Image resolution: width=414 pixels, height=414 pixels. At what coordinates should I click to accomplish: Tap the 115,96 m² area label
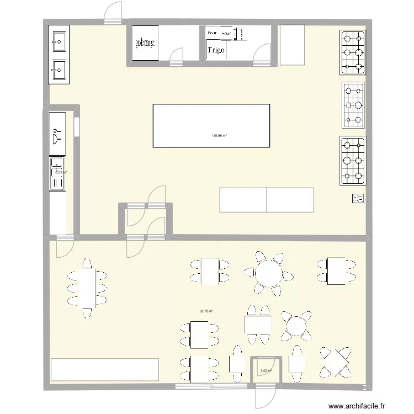(219, 136)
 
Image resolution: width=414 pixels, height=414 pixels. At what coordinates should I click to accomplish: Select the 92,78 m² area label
(206, 311)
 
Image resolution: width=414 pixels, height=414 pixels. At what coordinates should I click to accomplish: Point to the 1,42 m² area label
(267, 370)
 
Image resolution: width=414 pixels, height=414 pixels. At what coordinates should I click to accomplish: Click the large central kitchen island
(211, 125)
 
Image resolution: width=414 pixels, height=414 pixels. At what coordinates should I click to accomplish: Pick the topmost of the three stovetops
(353, 52)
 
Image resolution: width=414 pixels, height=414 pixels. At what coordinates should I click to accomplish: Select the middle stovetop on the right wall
(353, 105)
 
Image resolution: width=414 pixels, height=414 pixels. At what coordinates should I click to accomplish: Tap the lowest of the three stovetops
(353, 161)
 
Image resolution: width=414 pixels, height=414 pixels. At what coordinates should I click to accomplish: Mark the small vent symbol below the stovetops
(358, 199)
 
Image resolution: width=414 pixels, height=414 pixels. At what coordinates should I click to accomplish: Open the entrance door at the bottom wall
(263, 396)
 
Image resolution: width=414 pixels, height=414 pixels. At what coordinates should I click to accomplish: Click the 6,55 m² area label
(60, 172)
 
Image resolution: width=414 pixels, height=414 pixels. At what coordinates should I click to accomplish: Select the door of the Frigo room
(260, 55)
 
